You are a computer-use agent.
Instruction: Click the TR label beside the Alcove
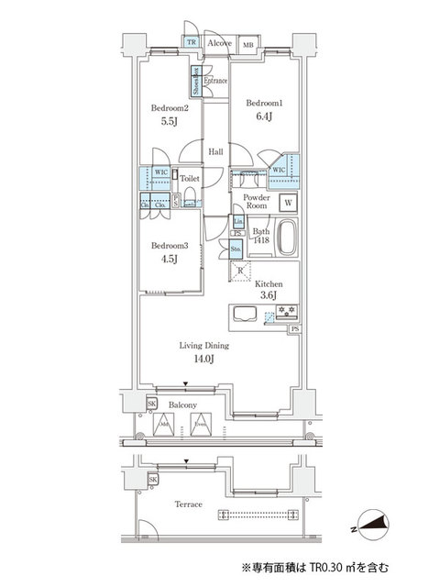point(192,42)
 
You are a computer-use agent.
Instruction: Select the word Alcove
point(218,42)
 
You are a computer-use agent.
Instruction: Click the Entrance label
point(214,81)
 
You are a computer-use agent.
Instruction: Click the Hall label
point(215,152)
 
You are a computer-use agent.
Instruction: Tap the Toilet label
point(190,179)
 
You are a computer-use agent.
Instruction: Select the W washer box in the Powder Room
point(288,203)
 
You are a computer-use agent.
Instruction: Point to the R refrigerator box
point(240,270)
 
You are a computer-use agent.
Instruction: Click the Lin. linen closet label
point(237,221)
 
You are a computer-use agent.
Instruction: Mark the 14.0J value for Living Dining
point(204,359)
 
